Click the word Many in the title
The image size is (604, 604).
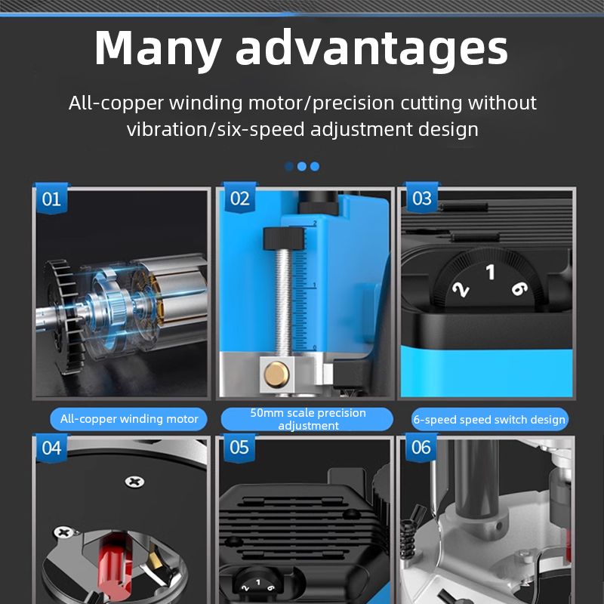(x=158, y=48)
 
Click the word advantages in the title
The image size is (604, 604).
(x=371, y=48)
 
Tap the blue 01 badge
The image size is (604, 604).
(x=51, y=199)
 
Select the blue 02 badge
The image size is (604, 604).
(x=240, y=198)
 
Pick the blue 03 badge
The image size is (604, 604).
(x=422, y=198)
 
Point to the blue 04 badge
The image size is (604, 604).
(x=51, y=448)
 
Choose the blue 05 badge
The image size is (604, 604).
(x=239, y=447)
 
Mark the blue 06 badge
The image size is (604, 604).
(x=421, y=447)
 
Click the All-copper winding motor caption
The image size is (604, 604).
(x=128, y=419)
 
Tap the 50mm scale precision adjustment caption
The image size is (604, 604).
(x=307, y=419)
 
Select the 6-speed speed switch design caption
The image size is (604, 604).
(x=489, y=420)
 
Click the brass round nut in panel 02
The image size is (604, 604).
(x=276, y=374)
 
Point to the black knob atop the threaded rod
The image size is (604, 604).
(x=284, y=238)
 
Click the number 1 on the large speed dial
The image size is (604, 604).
(x=490, y=272)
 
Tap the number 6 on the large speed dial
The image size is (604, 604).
(x=519, y=288)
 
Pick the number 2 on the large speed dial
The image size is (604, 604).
(x=461, y=290)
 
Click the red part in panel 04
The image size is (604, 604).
(x=115, y=566)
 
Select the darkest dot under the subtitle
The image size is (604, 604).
(x=289, y=166)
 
